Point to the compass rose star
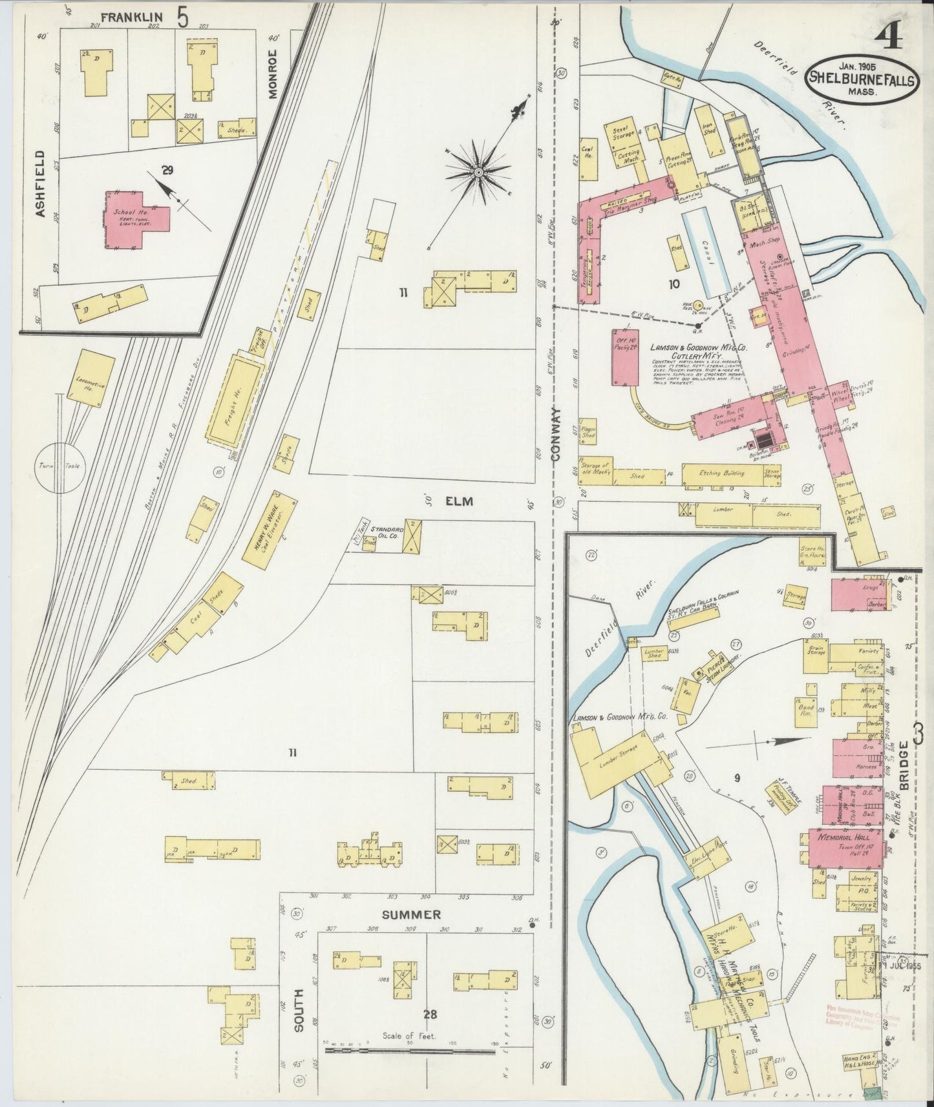pyautogui.click(x=478, y=172)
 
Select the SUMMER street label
pyautogui.click(x=411, y=915)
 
